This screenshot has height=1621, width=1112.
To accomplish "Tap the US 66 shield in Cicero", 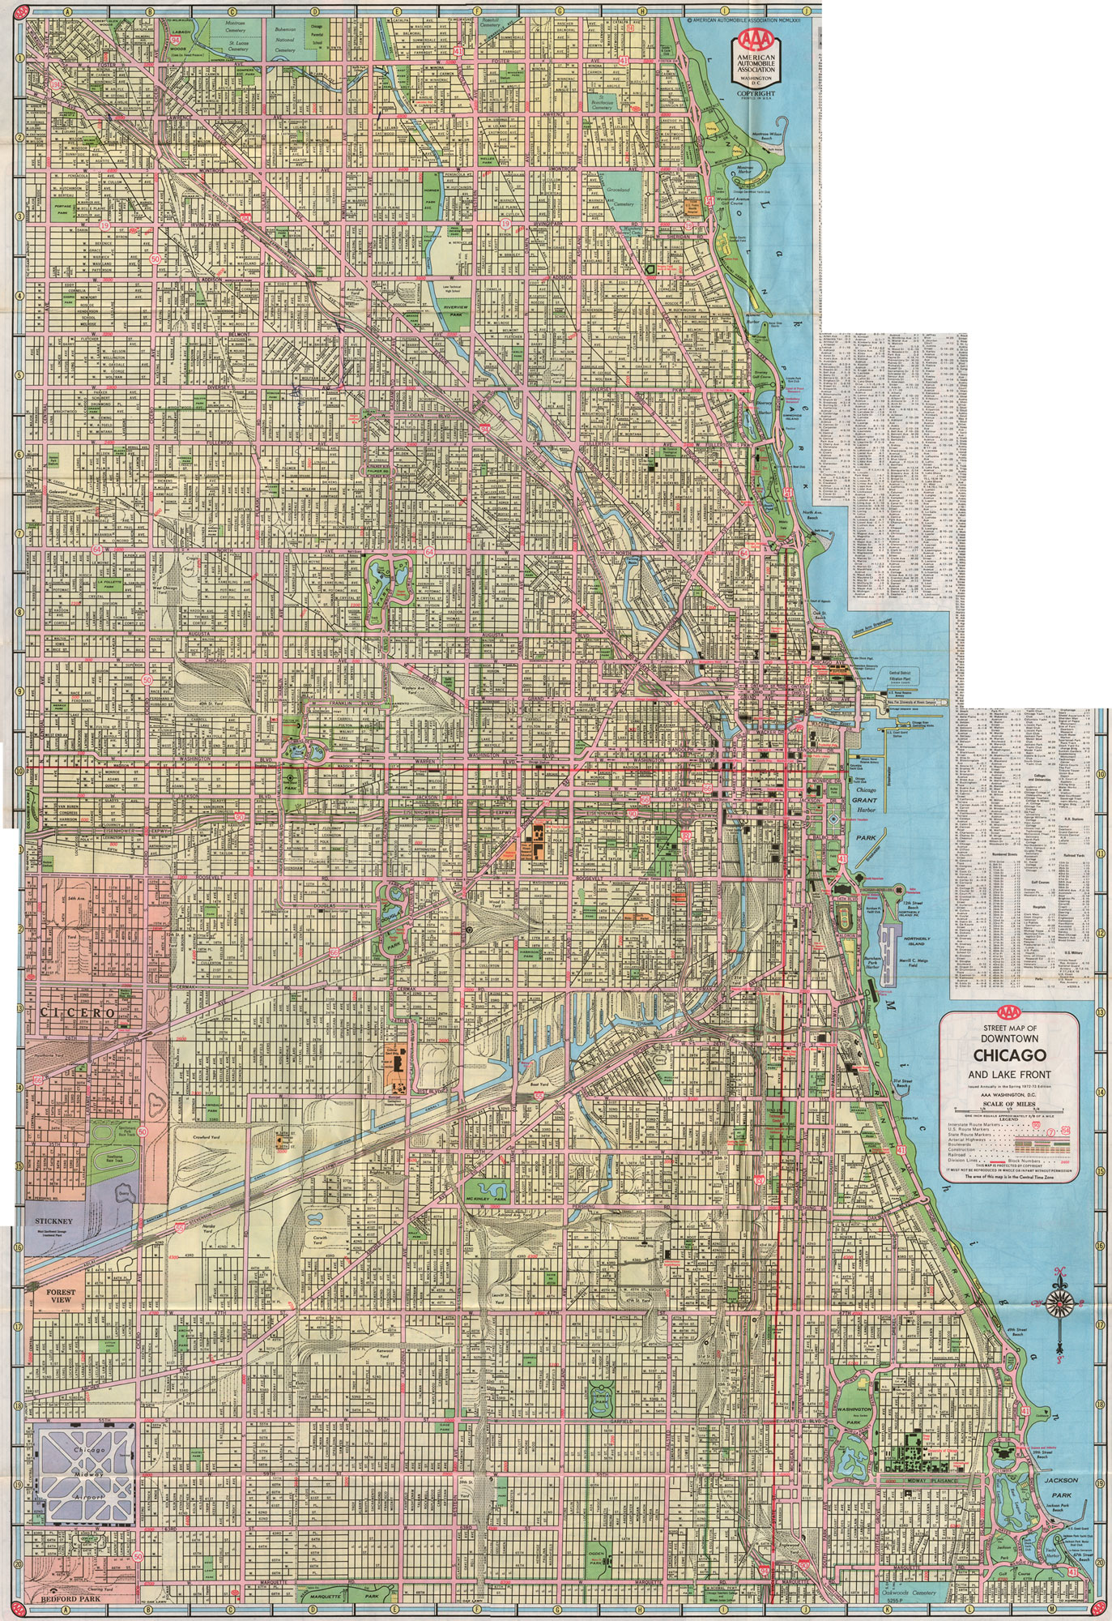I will pos(38,1081).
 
